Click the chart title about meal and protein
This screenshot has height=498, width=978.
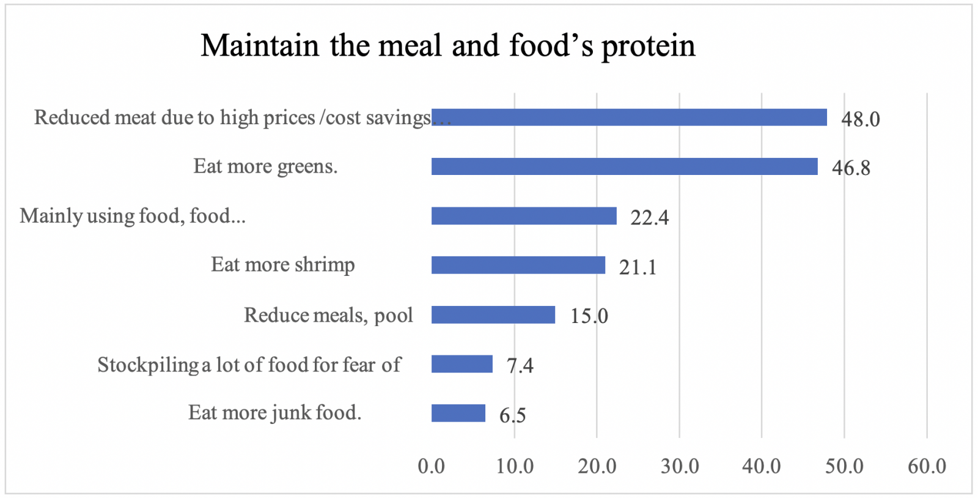(448, 46)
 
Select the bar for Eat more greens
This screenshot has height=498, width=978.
(624, 166)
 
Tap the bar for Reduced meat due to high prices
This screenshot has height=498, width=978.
(629, 117)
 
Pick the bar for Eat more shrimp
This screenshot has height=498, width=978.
(518, 265)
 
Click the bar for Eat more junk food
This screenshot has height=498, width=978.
(458, 413)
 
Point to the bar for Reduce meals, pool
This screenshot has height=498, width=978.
(493, 314)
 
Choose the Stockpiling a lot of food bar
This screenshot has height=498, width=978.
(462, 364)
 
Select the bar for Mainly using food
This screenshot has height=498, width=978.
(524, 216)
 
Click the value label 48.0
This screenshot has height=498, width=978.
(861, 119)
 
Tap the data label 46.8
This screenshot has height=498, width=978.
(851, 168)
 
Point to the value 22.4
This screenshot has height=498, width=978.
(650, 217)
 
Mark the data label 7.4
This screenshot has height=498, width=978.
(520, 365)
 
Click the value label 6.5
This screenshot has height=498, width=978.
(512, 415)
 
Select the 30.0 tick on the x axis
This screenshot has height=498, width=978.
(680, 466)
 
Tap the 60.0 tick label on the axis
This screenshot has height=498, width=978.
(927, 466)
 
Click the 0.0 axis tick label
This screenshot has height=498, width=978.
(432, 466)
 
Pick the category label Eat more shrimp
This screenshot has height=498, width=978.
(283, 264)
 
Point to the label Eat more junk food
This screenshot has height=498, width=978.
(274, 412)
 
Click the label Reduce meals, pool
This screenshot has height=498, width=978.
(328, 314)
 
